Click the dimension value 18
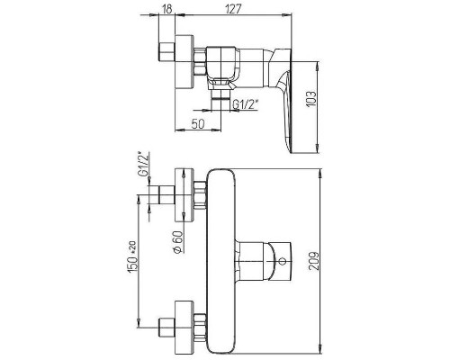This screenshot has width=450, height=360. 167,9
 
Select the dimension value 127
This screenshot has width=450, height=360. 233,9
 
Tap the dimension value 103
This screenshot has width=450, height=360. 311,98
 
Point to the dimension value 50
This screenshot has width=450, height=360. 198,123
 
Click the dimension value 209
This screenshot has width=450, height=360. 314,261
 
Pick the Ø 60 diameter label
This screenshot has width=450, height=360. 177,242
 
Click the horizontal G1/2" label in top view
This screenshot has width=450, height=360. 246,104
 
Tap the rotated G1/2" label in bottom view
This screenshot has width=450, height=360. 144,165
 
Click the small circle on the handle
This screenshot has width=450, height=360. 282,261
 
